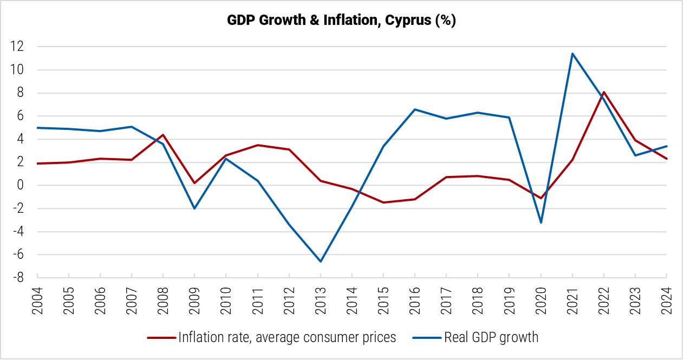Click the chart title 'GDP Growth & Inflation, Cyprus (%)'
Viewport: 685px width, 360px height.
pyautogui.click(x=342, y=21)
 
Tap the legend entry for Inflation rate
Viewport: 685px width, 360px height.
pyautogui.click(x=287, y=338)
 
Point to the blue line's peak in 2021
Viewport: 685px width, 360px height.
pyautogui.click(x=572, y=54)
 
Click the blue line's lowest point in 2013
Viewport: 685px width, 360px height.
pyautogui.click(x=321, y=261)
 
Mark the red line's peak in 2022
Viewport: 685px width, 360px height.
pyautogui.click(x=604, y=92)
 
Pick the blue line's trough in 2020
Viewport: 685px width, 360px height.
pyautogui.click(x=541, y=222)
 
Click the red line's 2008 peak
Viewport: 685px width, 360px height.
pyautogui.click(x=163, y=135)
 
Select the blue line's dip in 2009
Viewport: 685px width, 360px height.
pyautogui.click(x=194, y=208)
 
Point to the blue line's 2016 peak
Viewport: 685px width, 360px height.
pyautogui.click(x=415, y=109)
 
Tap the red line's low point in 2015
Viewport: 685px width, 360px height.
pyautogui.click(x=383, y=202)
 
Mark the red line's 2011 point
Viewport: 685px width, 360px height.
pyautogui.click(x=258, y=145)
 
